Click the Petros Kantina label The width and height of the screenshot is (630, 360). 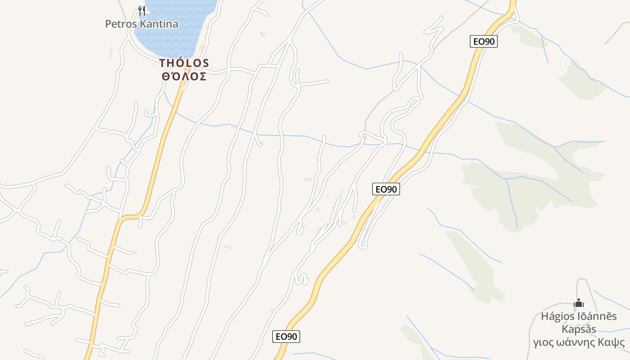pyautogui.click(x=141, y=24)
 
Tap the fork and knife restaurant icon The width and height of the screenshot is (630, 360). pyautogui.click(x=141, y=10)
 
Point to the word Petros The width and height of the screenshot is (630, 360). pyautogui.click(x=121, y=24)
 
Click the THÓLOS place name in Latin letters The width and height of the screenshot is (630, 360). pyautogui.click(x=184, y=63)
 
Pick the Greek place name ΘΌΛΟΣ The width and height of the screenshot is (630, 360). pyautogui.click(x=184, y=76)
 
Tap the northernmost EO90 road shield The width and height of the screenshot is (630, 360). pyautogui.click(x=484, y=42)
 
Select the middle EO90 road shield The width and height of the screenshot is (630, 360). pyautogui.click(x=386, y=189)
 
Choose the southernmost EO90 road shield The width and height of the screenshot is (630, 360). pyautogui.click(x=286, y=336)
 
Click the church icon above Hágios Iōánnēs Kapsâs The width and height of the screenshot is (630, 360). pyautogui.click(x=579, y=303)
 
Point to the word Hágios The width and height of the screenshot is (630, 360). pyautogui.click(x=557, y=316)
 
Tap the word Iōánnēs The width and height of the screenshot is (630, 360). pyautogui.click(x=597, y=316)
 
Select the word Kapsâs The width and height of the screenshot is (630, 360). pyautogui.click(x=579, y=329)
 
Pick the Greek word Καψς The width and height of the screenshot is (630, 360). pyautogui.click(x=612, y=343)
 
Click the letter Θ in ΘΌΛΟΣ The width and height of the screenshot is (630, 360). pyautogui.click(x=166, y=76)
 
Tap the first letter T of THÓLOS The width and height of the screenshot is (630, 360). pyautogui.click(x=162, y=63)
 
